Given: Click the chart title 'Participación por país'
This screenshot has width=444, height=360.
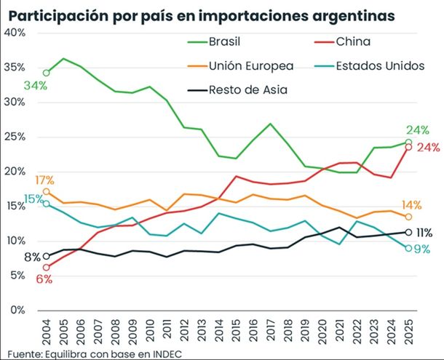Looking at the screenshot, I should (x=203, y=15).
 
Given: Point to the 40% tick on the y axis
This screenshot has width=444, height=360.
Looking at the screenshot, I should (x=15, y=33).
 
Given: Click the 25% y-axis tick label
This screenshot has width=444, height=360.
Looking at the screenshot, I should (x=15, y=137).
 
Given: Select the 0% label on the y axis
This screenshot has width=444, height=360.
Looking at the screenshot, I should (x=18, y=310).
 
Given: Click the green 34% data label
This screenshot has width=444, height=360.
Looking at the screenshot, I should (x=34, y=86).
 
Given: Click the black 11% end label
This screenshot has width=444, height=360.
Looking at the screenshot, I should (x=424, y=233).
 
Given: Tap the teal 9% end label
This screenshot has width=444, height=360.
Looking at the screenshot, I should (x=423, y=249).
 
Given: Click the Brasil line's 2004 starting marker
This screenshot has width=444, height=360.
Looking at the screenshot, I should (x=47, y=73).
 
